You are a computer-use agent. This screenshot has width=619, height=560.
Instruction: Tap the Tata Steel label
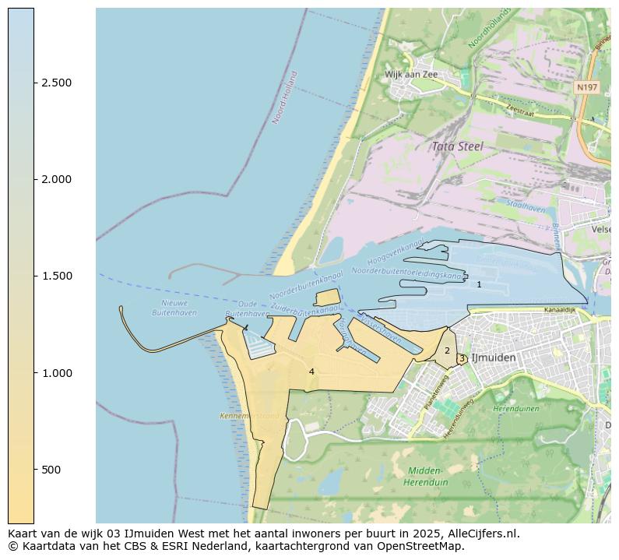457,146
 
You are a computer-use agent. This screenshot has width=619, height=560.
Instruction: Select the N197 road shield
586,87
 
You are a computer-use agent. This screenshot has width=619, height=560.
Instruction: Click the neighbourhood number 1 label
479,285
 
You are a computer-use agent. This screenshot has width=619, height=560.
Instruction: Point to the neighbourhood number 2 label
447,351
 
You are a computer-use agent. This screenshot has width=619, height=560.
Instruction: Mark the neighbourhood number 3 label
462,359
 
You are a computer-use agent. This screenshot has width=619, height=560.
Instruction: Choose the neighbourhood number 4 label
311,372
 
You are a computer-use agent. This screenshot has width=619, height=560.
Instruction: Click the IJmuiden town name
494,357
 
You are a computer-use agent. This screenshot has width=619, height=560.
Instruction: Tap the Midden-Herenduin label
425,477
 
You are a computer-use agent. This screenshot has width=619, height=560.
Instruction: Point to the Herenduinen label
515,408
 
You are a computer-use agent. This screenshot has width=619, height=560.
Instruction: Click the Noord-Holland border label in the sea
286,98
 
